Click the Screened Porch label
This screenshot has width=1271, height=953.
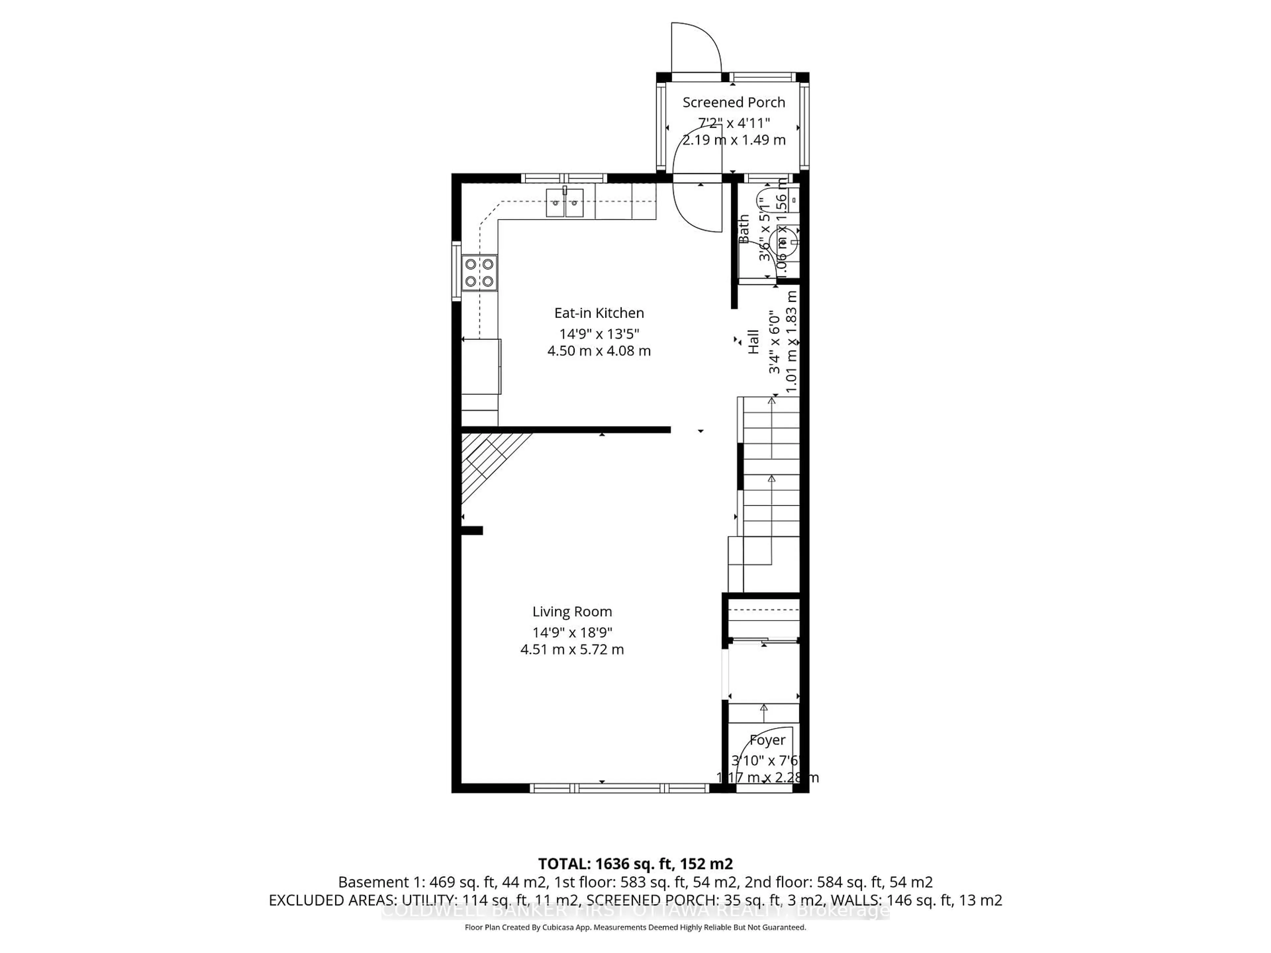click(x=733, y=102)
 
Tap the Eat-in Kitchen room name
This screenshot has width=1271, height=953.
click(x=599, y=313)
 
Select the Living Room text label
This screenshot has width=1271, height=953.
click(x=572, y=612)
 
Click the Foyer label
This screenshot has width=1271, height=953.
click(x=767, y=741)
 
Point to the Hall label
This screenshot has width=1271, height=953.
click(x=753, y=341)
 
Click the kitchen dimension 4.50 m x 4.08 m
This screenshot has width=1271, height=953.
click(x=599, y=351)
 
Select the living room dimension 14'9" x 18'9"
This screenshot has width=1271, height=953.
click(x=572, y=632)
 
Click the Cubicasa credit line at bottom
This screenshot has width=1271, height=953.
click(x=635, y=927)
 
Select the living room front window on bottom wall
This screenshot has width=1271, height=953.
click(x=619, y=789)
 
